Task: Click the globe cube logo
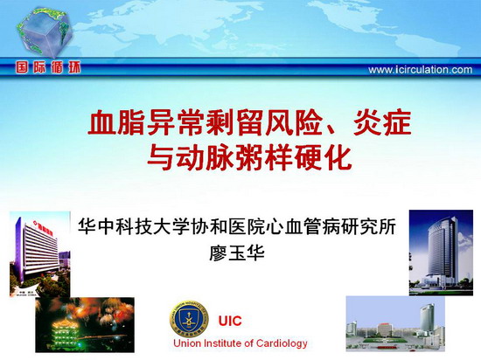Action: click(x=45, y=32)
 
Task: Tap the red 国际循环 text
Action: click(x=48, y=67)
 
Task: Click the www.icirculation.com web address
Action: click(x=421, y=70)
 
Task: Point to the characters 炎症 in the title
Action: click(x=382, y=123)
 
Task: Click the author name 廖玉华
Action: click(x=237, y=253)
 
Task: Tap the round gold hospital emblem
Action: click(x=188, y=320)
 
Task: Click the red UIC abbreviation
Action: click(x=230, y=321)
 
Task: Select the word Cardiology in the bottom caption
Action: click(x=282, y=343)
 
